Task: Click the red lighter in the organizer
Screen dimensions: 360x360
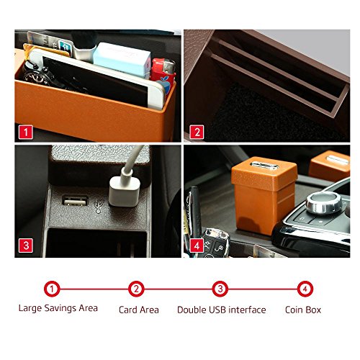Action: click(163, 73)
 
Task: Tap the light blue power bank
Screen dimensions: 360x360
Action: click(122, 59)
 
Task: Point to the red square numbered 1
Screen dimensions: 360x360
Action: click(26, 132)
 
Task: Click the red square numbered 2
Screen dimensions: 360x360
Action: click(197, 132)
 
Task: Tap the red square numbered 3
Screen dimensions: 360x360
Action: click(26, 246)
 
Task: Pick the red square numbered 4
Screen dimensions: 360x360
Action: click(197, 246)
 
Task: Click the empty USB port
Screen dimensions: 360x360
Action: click(75, 201)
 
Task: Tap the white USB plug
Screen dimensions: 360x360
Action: click(125, 192)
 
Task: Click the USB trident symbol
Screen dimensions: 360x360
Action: click(99, 206)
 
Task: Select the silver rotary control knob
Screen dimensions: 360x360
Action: click(324, 202)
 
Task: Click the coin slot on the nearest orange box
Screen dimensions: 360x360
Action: click(264, 166)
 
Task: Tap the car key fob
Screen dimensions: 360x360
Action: click(215, 243)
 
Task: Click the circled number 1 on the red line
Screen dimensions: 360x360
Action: click(52, 289)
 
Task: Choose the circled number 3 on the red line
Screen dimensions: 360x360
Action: click(220, 289)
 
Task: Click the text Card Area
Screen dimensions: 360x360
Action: click(139, 310)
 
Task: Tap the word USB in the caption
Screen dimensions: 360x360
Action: click(217, 310)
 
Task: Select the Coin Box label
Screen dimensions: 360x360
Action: click(303, 310)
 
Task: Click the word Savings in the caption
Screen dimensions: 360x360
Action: click(60, 308)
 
